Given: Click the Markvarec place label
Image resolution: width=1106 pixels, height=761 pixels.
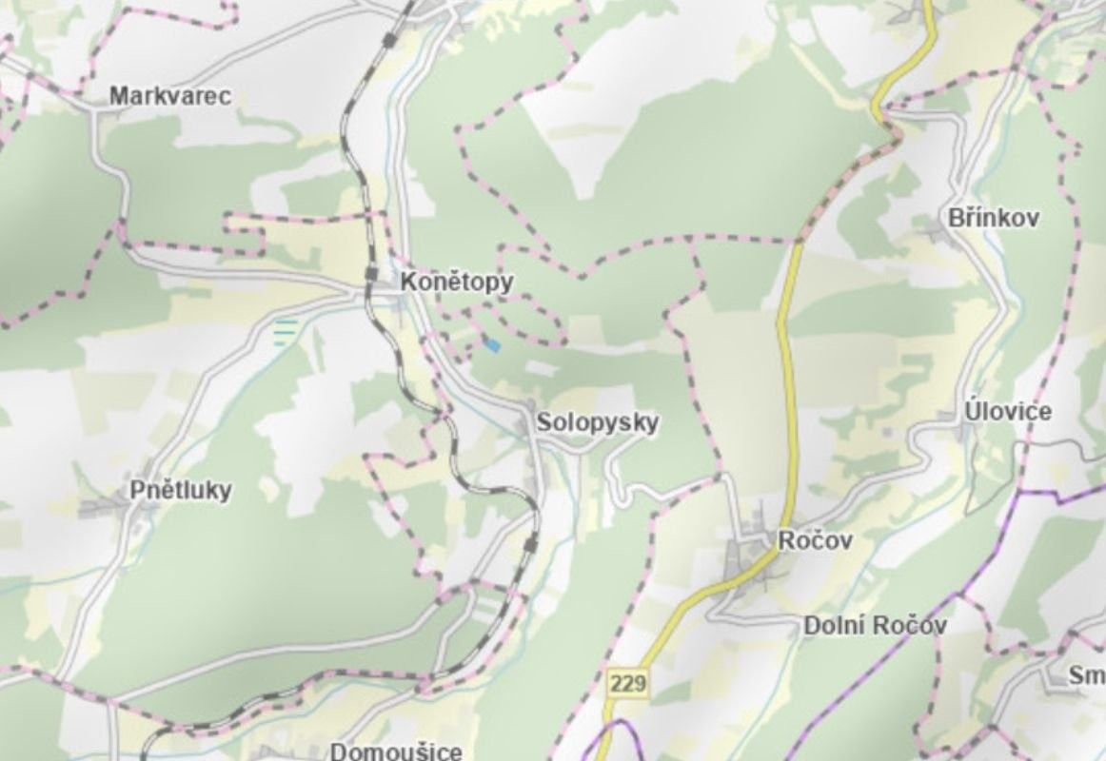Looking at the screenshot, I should (x=169, y=96).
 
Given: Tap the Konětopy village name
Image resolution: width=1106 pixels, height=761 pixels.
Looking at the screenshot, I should (x=456, y=283).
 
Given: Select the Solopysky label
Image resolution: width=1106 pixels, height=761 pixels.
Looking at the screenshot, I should (x=597, y=422).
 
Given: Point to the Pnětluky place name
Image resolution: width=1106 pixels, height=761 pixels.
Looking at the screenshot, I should (x=180, y=491).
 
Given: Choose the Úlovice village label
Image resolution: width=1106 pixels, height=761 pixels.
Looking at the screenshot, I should (x=1007, y=412).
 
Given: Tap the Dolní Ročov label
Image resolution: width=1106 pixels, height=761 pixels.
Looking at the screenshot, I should (x=875, y=626).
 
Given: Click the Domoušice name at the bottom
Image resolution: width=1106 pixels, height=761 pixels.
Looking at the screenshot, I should (x=396, y=751).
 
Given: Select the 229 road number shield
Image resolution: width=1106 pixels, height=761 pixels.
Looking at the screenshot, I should (x=628, y=683).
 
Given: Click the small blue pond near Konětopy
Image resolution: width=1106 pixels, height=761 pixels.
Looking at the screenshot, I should (x=491, y=345).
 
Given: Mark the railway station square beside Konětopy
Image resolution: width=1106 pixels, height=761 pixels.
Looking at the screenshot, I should (x=371, y=274).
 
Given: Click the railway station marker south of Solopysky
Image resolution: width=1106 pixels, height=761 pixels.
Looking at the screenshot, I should (x=530, y=543).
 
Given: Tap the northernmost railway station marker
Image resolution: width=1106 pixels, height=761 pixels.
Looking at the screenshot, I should (x=388, y=39).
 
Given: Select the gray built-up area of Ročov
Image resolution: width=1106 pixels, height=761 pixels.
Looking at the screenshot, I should (x=747, y=556).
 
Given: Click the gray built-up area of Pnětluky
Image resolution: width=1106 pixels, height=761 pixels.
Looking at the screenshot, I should (x=109, y=505).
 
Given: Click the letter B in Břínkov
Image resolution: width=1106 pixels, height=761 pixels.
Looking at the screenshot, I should (x=955, y=218).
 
